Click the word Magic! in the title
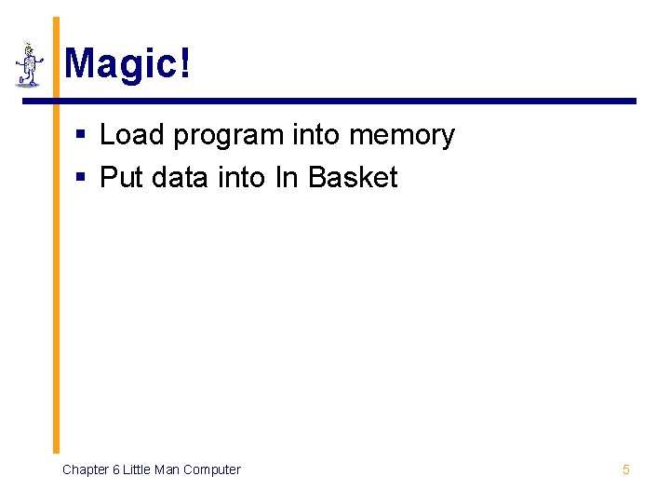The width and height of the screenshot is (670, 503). tap(127, 64)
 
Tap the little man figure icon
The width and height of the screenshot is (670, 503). tap(29, 65)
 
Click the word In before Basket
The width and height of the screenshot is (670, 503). tap(283, 177)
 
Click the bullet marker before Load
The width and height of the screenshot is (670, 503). tap(81, 136)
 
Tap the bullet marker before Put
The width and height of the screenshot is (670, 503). tap(81, 178)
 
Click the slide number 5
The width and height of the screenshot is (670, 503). tap(625, 469)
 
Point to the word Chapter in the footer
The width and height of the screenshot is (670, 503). tap(85, 469)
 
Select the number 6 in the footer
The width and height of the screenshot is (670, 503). tap(115, 469)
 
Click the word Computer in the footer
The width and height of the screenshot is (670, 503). tap(211, 469)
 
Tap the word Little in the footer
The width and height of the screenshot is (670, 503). tap(136, 469)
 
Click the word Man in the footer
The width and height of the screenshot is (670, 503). tap(167, 469)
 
